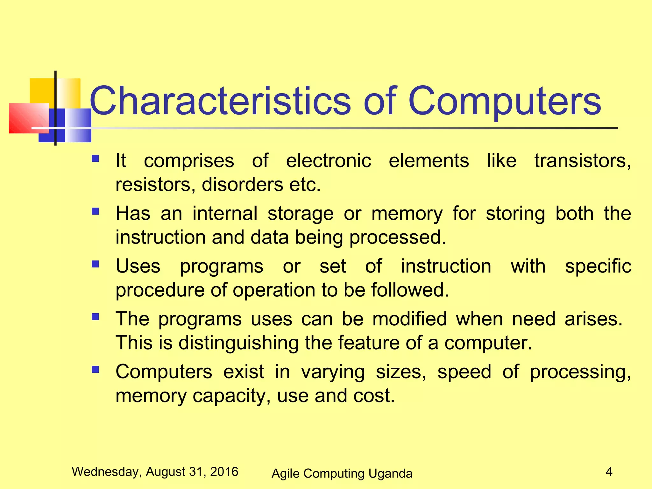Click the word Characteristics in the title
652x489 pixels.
220,101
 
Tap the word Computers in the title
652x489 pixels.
504,101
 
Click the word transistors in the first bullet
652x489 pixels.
582,160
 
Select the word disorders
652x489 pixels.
242,185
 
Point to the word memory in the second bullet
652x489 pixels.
407,214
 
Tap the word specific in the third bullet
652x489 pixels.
598,267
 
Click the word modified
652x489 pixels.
409,319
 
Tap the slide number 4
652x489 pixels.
609,471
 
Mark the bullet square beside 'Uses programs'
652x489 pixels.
95,264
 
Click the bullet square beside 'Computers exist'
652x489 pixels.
95,370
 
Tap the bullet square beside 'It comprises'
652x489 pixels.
95,159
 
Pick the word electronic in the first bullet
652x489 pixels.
328,160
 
